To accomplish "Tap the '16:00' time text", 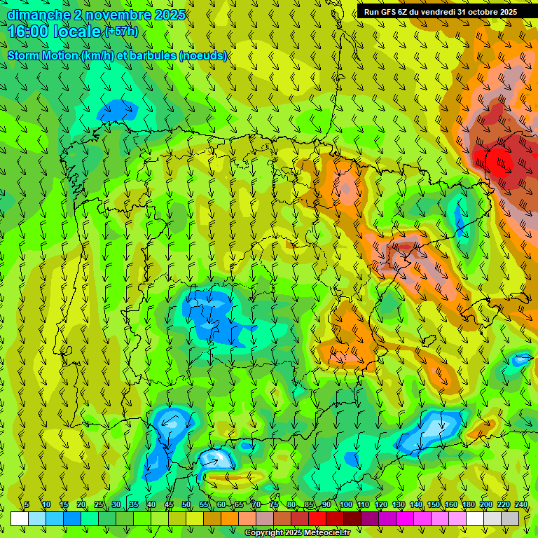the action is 27,32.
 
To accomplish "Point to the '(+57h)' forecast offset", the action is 121,31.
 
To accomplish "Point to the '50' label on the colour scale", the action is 186,504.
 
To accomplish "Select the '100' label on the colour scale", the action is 346,504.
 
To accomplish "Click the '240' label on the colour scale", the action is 521,504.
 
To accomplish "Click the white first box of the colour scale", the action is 20,518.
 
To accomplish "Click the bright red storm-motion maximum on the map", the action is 502,163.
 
